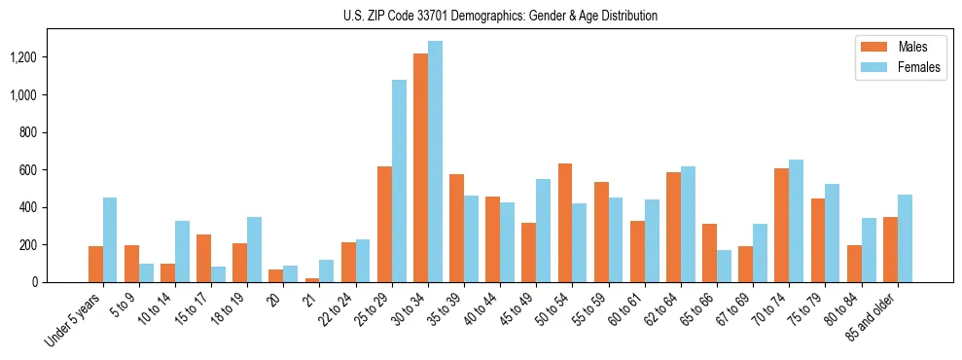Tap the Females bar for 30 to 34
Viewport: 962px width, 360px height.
coord(435,162)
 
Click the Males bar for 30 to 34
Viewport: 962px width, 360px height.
coord(420,167)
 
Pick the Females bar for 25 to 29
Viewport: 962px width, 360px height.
coord(399,181)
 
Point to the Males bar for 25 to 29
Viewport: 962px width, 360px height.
coord(384,224)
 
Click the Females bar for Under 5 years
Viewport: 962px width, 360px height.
coord(110,239)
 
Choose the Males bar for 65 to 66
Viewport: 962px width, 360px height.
coord(709,253)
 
